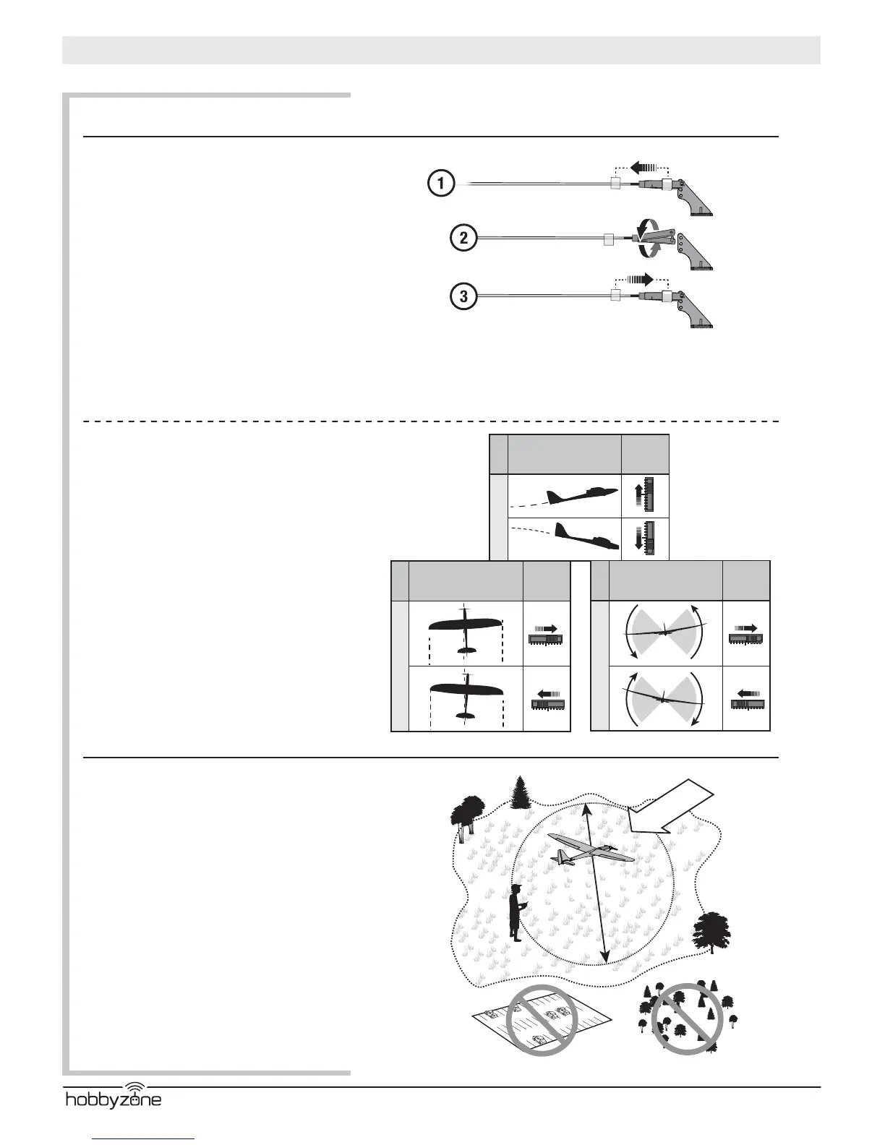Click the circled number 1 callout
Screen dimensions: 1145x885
[440, 184]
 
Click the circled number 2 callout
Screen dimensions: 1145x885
[463, 238]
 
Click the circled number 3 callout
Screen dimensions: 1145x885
[463, 296]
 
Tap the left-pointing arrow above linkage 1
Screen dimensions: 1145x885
[643, 168]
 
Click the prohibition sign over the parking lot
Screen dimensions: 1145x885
[542, 1021]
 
